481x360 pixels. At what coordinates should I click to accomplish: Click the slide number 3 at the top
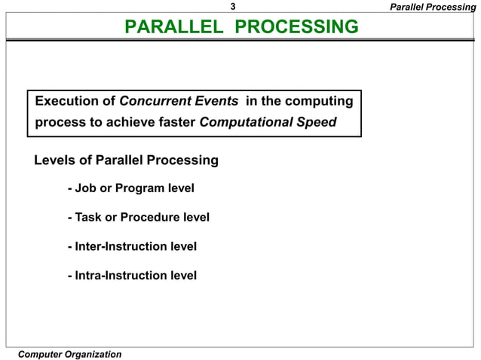click(x=234, y=7)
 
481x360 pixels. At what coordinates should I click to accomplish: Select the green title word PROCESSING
click(x=297, y=28)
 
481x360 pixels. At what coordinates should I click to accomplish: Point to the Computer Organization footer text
click(x=69, y=354)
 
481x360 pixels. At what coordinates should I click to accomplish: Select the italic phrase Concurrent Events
click(x=179, y=101)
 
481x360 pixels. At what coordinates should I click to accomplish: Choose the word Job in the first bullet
click(x=85, y=188)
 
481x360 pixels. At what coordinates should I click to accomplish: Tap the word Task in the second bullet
click(x=88, y=218)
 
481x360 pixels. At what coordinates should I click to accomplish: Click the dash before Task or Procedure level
click(x=69, y=218)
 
